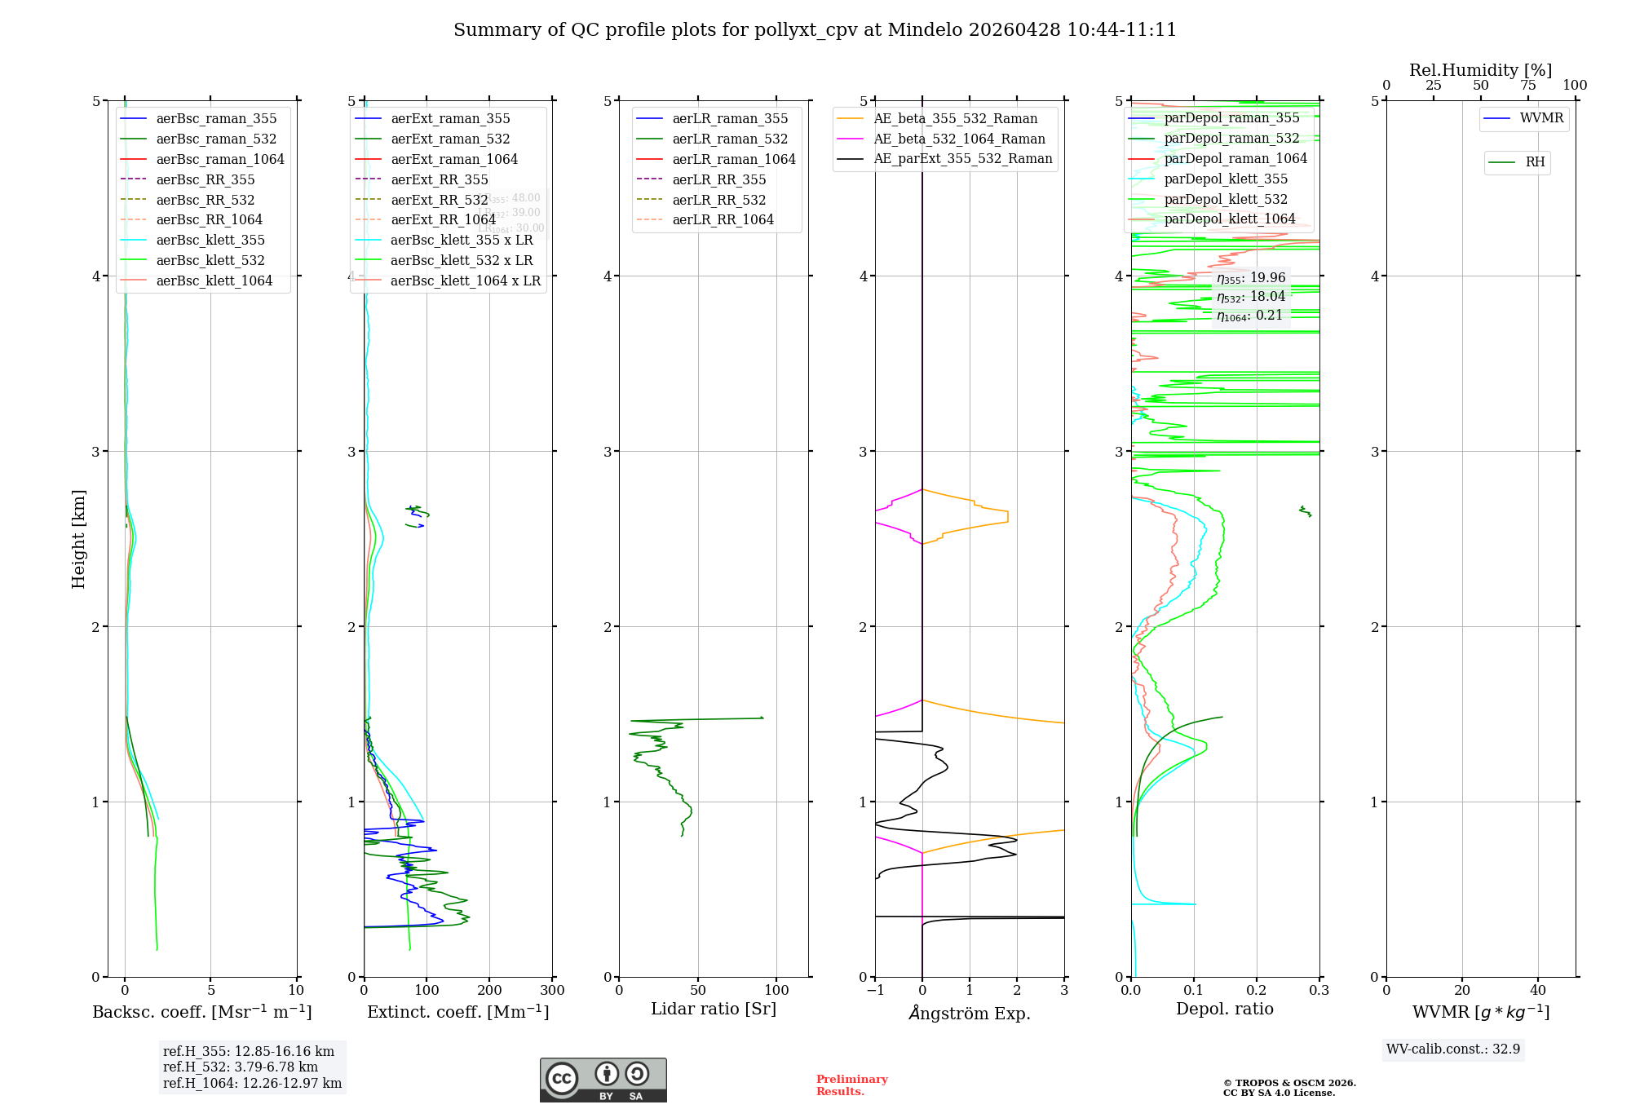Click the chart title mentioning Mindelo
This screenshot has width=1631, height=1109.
coord(815,30)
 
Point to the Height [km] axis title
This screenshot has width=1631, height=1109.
coord(78,538)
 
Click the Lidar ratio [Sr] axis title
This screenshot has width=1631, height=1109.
coord(714,1009)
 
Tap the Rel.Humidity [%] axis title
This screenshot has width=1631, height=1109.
coord(1480,70)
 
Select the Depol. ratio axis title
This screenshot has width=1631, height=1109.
coord(1224,1009)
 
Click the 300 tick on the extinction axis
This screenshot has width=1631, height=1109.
coord(552,991)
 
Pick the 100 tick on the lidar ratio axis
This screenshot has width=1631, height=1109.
coord(776,991)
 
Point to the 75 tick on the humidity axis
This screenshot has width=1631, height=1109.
coord(1527,86)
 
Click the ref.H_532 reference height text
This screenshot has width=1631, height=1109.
coord(240,1067)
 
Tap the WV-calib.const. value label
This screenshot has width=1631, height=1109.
coord(1452,1049)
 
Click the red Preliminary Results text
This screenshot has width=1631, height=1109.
coord(851,1085)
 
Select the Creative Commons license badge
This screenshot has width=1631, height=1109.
coord(603,1080)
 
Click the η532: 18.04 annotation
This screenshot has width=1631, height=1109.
coord(1250,297)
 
